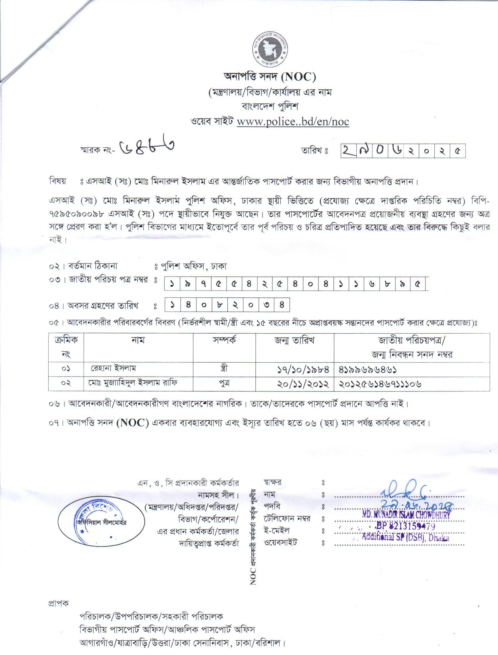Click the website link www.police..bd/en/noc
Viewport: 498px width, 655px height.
click(x=293, y=122)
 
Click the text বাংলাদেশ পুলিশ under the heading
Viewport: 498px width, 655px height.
click(x=270, y=107)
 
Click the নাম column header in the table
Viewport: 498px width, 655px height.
click(x=138, y=340)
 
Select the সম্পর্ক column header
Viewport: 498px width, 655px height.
click(x=224, y=340)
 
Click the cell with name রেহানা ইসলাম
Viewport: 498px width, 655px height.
click(x=114, y=368)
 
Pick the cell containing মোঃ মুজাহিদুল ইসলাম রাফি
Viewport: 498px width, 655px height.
click(x=133, y=383)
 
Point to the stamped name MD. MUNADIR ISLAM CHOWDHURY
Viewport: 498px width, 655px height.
click(x=406, y=515)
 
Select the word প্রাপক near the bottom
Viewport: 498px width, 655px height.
click(x=58, y=603)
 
